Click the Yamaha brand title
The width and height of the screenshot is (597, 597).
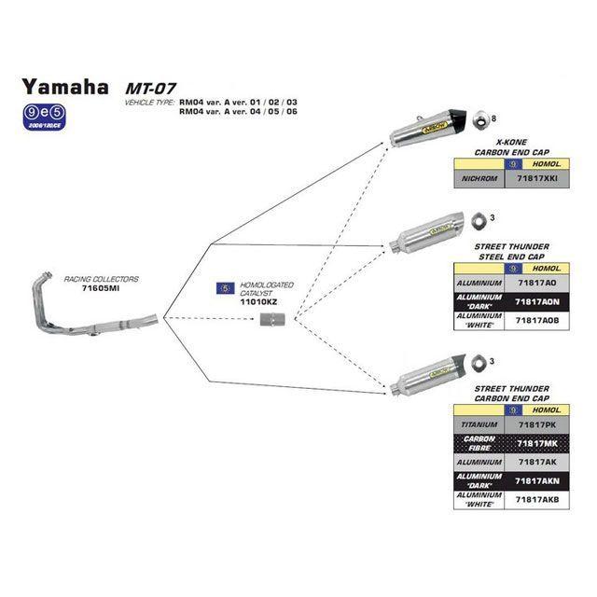click(x=64, y=87)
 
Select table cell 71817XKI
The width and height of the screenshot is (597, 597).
click(x=536, y=177)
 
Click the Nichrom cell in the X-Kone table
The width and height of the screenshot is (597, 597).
click(x=478, y=177)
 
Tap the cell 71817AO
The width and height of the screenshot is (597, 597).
click(x=536, y=281)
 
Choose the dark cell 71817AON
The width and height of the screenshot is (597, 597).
click(x=536, y=300)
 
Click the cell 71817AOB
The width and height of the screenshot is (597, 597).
click(x=536, y=319)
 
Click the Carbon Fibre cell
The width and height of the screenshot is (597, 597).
click(x=478, y=442)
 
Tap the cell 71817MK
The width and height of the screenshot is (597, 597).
click(x=536, y=442)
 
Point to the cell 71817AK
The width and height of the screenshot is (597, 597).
click(x=536, y=462)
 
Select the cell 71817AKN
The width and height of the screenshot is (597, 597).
click(x=536, y=480)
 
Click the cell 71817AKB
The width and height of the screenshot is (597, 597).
click(x=536, y=500)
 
